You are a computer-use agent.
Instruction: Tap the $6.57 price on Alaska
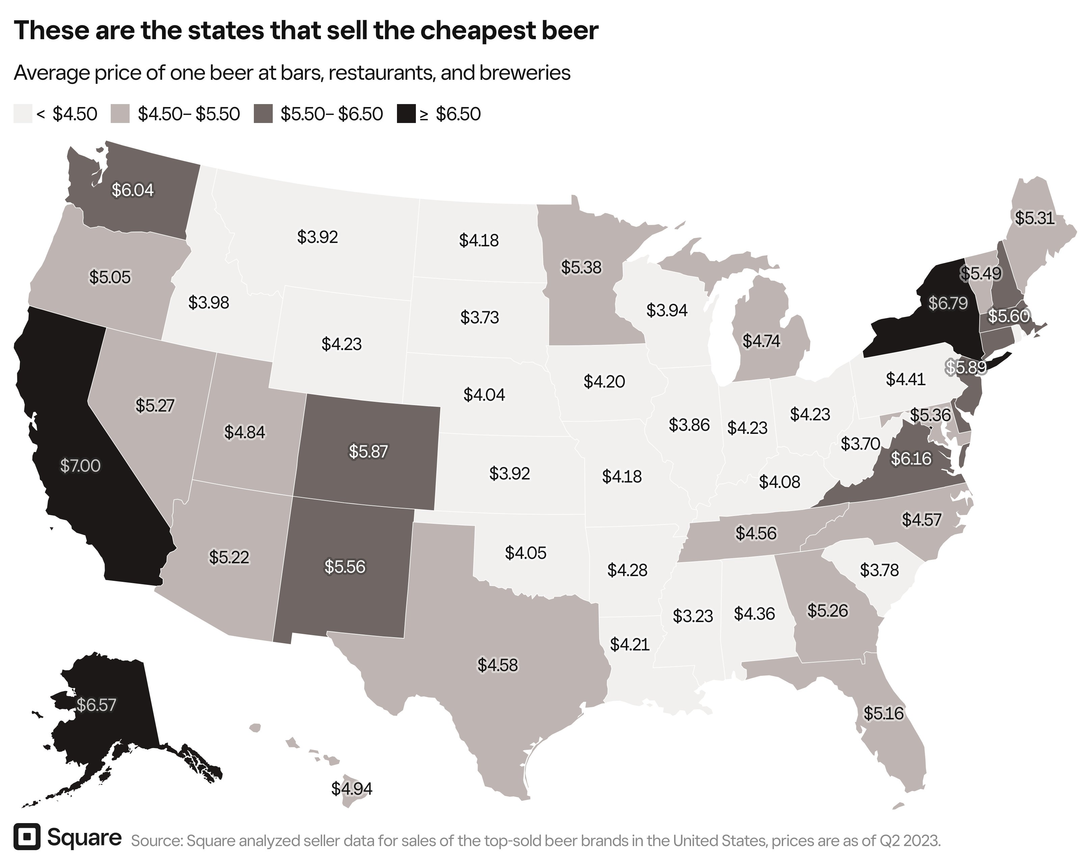click(x=96, y=705)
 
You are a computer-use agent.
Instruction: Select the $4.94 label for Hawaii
click(x=352, y=789)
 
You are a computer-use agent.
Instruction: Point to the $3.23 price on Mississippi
click(x=692, y=616)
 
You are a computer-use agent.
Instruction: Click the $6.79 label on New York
click(x=948, y=303)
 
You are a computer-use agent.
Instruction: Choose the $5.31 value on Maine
click(x=1034, y=218)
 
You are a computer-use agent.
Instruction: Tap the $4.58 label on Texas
click(x=498, y=665)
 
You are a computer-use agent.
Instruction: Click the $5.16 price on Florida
click(x=883, y=714)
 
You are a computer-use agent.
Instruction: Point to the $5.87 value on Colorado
click(x=368, y=451)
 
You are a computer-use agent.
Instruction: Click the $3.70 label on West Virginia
click(x=860, y=444)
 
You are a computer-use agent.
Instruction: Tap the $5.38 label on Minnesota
click(x=581, y=267)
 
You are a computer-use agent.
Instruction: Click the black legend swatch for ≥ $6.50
click(x=405, y=114)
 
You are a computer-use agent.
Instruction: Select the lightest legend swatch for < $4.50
click(x=22, y=114)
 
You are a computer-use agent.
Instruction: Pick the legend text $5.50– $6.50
click(x=331, y=114)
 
